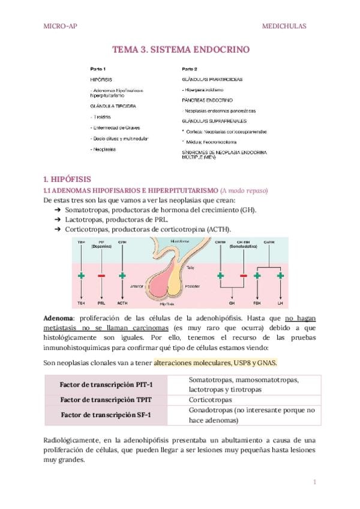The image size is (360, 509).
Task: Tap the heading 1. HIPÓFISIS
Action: tap(67, 178)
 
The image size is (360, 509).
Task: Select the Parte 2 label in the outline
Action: tap(189, 68)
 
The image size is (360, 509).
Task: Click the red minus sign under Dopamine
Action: tap(101, 276)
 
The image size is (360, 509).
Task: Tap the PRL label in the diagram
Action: tap(101, 304)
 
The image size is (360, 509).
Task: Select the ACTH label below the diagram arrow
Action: tap(122, 304)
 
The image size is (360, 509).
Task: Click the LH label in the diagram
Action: tap(280, 304)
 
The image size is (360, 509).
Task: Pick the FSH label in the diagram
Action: tap(257, 304)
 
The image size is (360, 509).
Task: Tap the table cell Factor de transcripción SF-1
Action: tap(106, 415)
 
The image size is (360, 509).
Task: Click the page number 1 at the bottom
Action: tap(314, 481)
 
